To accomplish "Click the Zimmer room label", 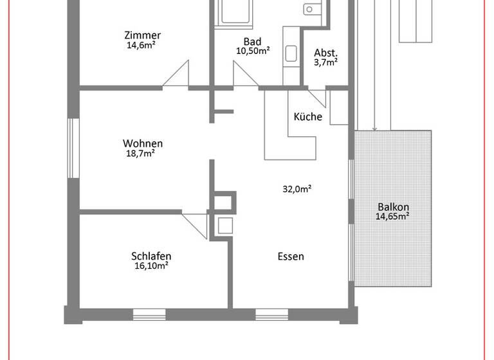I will click(x=143, y=35).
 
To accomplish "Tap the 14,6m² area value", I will click(x=143, y=46).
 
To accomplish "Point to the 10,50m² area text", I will click(x=253, y=51).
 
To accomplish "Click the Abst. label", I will click(x=325, y=53).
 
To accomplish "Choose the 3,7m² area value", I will click(x=325, y=62).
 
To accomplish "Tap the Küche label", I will click(x=307, y=117).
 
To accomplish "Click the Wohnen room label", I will click(x=143, y=143).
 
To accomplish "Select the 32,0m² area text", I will click(x=297, y=189).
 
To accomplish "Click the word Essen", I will click(x=291, y=256).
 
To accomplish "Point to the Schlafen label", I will click(x=151, y=255).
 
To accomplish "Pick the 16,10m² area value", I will click(x=151, y=265).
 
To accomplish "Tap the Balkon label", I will click(x=393, y=207).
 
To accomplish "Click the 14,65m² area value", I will click(x=393, y=217).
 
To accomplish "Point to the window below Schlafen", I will click(x=149, y=314).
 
